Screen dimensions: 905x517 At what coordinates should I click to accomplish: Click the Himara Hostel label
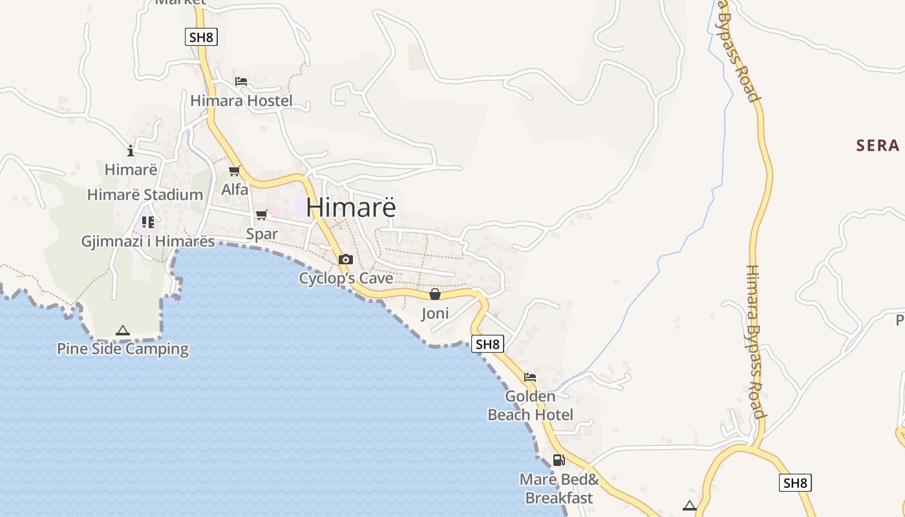pyautogui.click(x=241, y=101)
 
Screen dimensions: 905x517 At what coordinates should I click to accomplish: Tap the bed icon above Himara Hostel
pyautogui.click(x=241, y=81)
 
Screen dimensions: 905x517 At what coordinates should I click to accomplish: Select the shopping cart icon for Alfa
pyautogui.click(x=234, y=171)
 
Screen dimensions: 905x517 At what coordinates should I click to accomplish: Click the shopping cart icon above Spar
pyautogui.click(x=262, y=215)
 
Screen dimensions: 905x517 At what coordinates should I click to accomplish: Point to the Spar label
pyautogui.click(x=262, y=234)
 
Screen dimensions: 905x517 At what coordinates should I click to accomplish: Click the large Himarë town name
pyautogui.click(x=350, y=207)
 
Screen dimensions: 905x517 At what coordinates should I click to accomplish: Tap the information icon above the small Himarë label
pyautogui.click(x=131, y=151)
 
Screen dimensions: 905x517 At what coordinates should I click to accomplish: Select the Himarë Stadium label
pyautogui.click(x=145, y=195)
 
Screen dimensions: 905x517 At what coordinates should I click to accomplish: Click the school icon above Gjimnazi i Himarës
pyautogui.click(x=148, y=222)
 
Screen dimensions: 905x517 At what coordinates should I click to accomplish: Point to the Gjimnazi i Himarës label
pyautogui.click(x=147, y=241)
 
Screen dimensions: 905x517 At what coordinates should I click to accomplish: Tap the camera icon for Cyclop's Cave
pyautogui.click(x=346, y=260)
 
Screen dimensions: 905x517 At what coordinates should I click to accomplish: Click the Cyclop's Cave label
pyautogui.click(x=346, y=279)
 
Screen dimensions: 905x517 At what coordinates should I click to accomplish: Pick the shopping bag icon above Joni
pyautogui.click(x=435, y=295)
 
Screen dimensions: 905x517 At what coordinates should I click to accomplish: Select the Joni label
pyautogui.click(x=435, y=314)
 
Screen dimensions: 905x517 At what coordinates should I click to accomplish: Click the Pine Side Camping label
pyautogui.click(x=123, y=349)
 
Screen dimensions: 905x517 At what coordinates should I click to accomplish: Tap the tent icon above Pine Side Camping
pyautogui.click(x=123, y=331)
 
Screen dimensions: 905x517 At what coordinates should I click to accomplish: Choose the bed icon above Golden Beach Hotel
pyautogui.click(x=530, y=377)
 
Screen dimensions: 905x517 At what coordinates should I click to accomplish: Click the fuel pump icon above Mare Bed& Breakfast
pyautogui.click(x=559, y=460)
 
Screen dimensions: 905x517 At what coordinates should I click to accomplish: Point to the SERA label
pyautogui.click(x=878, y=145)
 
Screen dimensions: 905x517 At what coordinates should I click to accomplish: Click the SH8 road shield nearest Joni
pyautogui.click(x=487, y=344)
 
